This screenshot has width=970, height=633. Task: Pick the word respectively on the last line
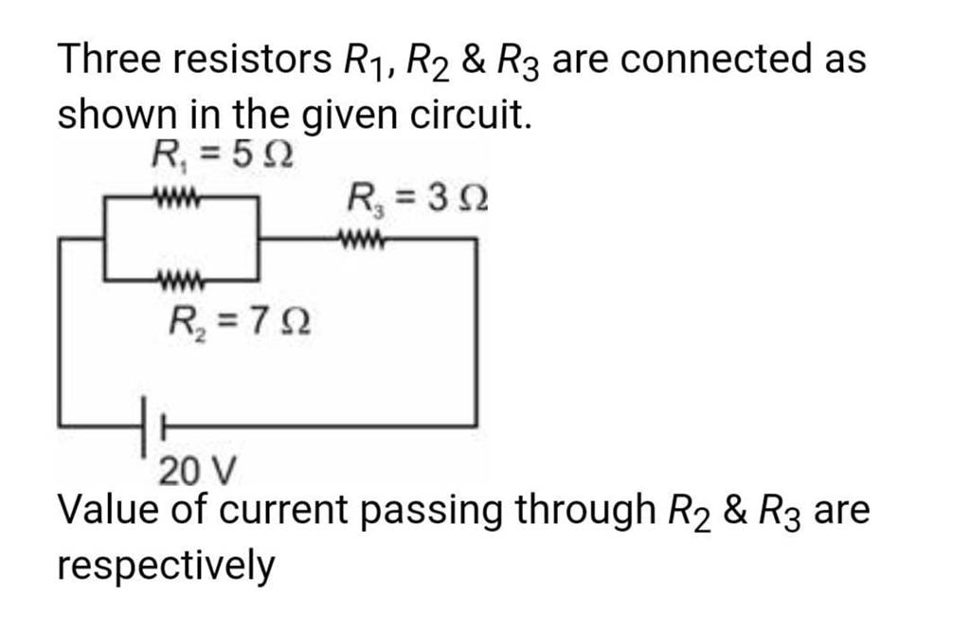[x=167, y=567]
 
